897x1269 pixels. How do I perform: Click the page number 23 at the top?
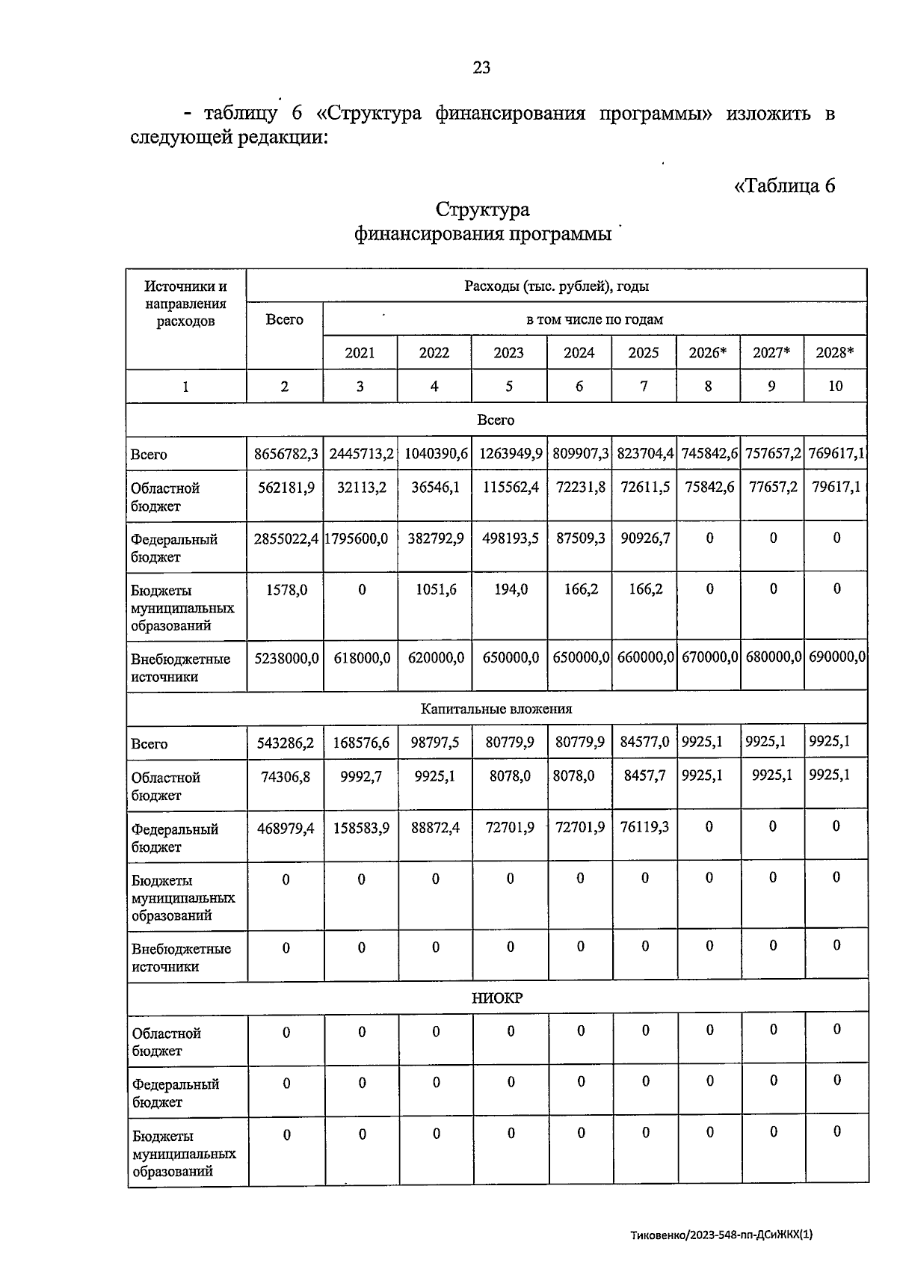pyautogui.click(x=481, y=68)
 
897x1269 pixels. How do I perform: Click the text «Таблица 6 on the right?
pyautogui.click(x=785, y=185)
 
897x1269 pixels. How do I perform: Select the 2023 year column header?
pyautogui.click(x=508, y=353)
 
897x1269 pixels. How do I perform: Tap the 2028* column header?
pyautogui.click(x=835, y=353)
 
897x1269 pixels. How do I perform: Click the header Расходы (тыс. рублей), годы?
pyautogui.click(x=556, y=286)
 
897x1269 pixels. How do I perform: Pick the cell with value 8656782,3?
pyautogui.click(x=286, y=454)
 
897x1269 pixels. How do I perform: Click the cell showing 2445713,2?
pyautogui.click(x=361, y=454)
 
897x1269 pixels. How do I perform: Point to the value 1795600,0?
pyautogui.click(x=357, y=538)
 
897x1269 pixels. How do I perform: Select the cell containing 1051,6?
pyautogui.click(x=436, y=589)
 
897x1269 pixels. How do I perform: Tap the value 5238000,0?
pyautogui.click(x=286, y=657)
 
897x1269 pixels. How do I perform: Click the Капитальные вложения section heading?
pyautogui.click(x=496, y=709)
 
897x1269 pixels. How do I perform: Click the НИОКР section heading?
pyautogui.click(x=497, y=998)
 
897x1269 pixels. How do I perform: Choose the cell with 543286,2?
pyautogui.click(x=286, y=743)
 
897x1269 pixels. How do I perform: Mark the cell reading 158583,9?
pyautogui.click(x=361, y=827)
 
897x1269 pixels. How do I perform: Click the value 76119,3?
pyautogui.click(x=644, y=827)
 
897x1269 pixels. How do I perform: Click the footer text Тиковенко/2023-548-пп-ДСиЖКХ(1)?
pyautogui.click(x=721, y=1235)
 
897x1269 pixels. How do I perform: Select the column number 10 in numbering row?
pyautogui.click(x=835, y=386)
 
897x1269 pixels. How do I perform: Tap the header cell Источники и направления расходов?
pyautogui.click(x=185, y=304)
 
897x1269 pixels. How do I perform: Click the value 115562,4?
pyautogui.click(x=508, y=487)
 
